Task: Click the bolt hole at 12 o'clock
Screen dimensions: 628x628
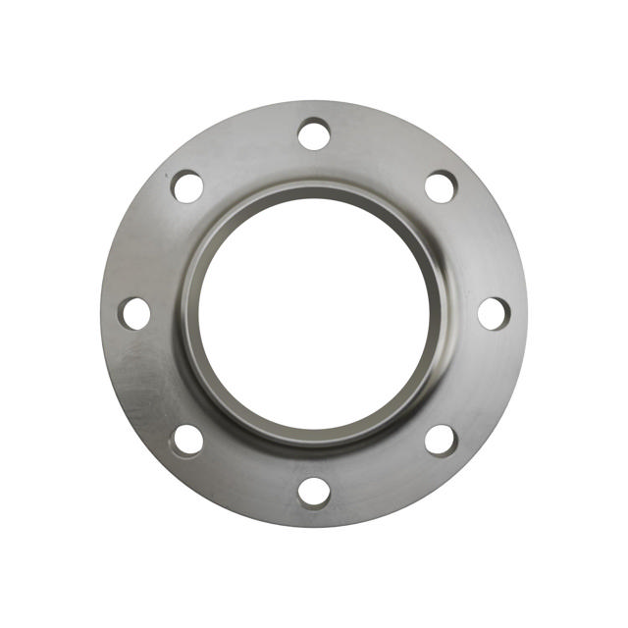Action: tap(314, 133)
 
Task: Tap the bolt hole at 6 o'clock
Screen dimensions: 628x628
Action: tap(314, 492)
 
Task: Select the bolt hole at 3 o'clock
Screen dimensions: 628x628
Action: tap(494, 313)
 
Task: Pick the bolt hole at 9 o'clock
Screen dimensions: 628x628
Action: tap(135, 313)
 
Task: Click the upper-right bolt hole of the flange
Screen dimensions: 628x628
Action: tap(441, 186)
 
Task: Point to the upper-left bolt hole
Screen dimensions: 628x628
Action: tap(187, 186)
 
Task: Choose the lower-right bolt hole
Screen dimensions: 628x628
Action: tap(441, 440)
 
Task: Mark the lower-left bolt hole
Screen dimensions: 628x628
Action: tap(187, 440)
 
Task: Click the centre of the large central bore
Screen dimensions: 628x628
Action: tap(314, 313)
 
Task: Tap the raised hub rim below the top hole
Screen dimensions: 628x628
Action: tap(314, 189)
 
